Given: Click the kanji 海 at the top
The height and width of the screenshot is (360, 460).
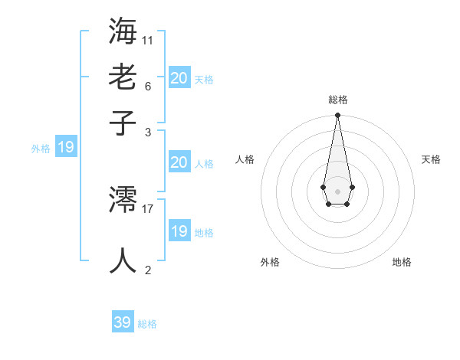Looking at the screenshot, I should coord(123,31).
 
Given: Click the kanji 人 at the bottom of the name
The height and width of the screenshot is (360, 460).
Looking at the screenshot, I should coord(123,260).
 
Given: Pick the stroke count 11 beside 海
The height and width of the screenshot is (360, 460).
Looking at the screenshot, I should coord(148,40).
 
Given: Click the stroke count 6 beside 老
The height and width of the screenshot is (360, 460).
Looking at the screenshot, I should coord(147,86).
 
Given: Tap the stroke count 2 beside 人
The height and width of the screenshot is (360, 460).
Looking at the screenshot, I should coord(147,270).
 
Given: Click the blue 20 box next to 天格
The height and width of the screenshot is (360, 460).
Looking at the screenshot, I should coord(179,78).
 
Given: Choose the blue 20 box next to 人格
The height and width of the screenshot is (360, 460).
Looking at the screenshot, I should coord(179,162).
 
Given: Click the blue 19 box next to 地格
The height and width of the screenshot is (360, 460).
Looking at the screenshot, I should coord(179,231).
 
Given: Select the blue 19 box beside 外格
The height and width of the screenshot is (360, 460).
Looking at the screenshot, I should coord(65,148).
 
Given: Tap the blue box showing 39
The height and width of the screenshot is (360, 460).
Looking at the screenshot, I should coord(123,322).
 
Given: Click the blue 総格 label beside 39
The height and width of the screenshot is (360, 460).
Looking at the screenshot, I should coord(147,324).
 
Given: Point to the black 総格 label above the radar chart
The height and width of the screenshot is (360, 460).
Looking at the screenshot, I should coord(337,100).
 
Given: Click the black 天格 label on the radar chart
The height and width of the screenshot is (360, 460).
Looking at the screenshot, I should coord(431,159).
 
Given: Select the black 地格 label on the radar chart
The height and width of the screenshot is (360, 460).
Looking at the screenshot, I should coord(402,262).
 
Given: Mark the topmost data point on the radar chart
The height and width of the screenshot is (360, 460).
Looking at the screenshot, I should coord(337,116).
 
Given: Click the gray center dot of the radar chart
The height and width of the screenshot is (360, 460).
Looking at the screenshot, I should coord(337,191).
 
